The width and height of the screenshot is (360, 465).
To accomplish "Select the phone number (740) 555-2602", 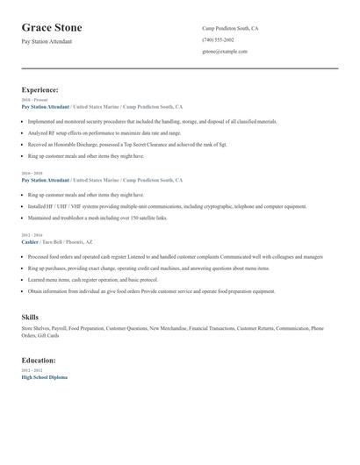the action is coord(218,39).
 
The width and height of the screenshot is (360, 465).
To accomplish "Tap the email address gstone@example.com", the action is coord(225,51).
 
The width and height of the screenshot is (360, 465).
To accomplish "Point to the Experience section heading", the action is coord(40,89).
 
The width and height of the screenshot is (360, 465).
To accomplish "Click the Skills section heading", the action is coord(30,316).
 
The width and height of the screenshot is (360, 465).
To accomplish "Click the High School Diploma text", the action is coord(44,376).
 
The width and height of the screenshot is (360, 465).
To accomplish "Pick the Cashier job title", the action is coord(30,240).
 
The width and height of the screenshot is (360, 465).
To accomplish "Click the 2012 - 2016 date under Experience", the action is coord(31,235).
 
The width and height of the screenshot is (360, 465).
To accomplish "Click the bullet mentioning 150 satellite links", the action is coord(97,218).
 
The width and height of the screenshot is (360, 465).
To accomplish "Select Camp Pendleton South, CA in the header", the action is coord(230,28).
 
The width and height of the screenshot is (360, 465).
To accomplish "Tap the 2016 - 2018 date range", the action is coord(32,174).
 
